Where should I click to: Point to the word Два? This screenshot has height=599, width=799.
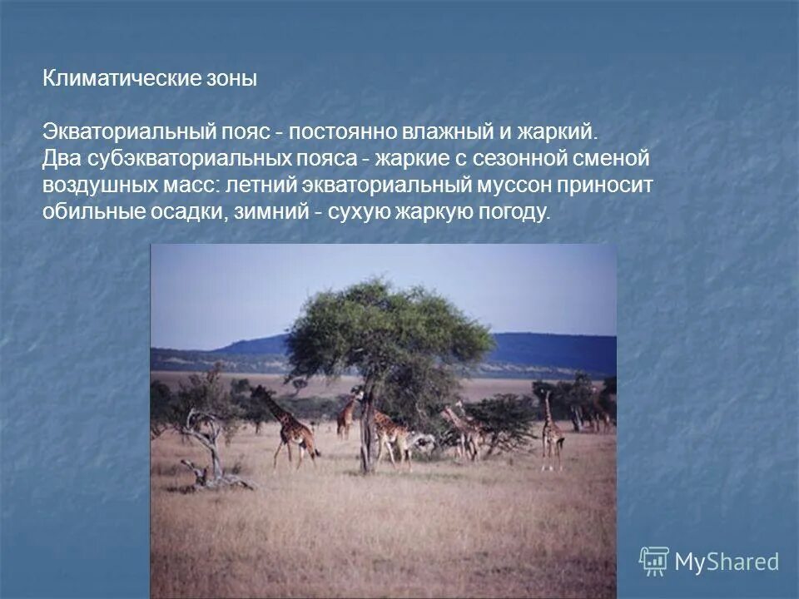click(x=61, y=159)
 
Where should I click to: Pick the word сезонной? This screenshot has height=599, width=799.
click(x=522, y=159)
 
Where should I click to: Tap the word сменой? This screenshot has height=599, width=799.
click(x=612, y=159)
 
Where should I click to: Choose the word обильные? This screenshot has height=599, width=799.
click(x=89, y=212)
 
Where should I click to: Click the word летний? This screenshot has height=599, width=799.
click(x=254, y=186)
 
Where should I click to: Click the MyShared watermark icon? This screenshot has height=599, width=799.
click(x=653, y=562)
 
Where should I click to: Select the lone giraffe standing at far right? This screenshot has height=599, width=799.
click(x=551, y=433)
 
